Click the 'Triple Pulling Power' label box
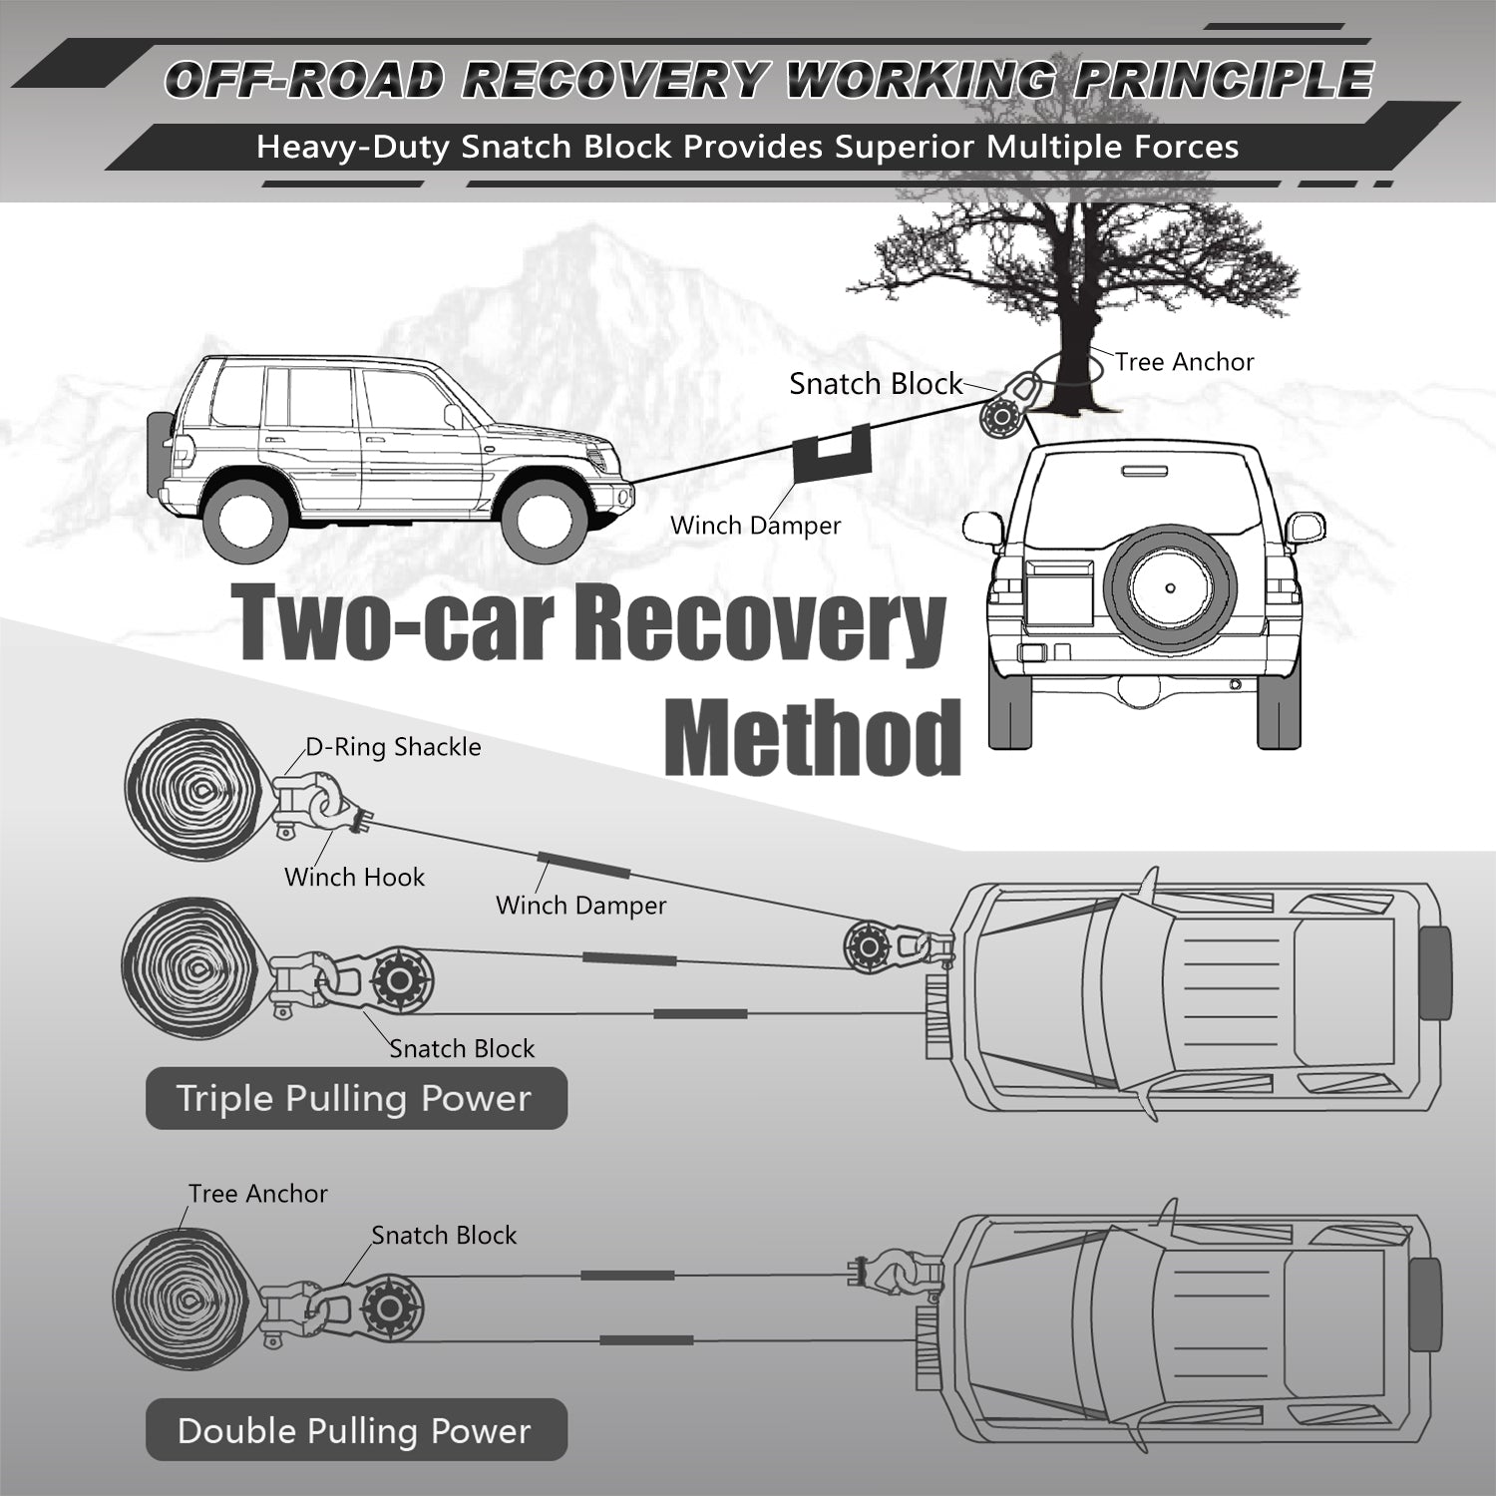[x=355, y=1098]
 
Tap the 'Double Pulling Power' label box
[x=355, y=1430]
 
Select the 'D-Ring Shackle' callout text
[x=393, y=747]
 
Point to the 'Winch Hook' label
[x=354, y=877]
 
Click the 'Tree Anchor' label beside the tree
[x=1184, y=362]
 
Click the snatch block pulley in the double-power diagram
[x=390, y=1307]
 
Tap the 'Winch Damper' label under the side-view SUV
[x=755, y=526]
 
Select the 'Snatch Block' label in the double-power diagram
[x=444, y=1235]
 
